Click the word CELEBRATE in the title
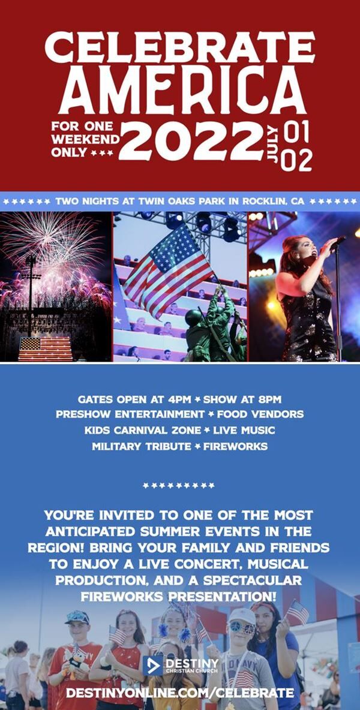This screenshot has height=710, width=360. tap(180, 47)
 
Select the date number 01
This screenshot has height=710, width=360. tap(295, 131)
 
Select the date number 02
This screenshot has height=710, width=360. tap(296, 160)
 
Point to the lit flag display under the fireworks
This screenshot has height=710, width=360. tap(45, 348)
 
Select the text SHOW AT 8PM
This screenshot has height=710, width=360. tap(242, 399)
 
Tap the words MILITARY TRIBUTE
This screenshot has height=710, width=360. tap(141, 446)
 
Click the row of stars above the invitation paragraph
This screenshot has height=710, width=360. tap(179, 486)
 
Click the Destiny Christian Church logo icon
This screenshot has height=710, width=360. tap(152, 666)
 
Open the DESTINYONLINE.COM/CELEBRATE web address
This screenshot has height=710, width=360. tap(180, 693)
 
